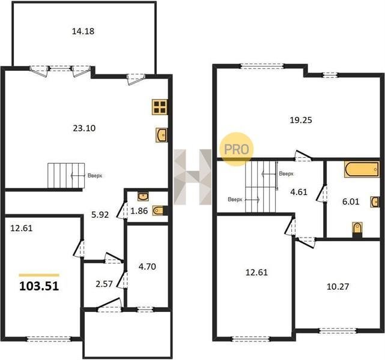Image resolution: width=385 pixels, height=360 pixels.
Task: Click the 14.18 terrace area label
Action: pyautogui.click(x=83, y=31)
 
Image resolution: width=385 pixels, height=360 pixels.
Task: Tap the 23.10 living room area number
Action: pyautogui.click(x=84, y=128)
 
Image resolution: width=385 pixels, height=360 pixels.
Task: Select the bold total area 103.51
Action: pyautogui.click(x=39, y=286)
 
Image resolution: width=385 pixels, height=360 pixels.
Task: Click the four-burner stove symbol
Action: pyautogui.click(x=160, y=107)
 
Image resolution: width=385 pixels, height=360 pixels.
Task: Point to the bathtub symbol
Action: pyautogui.click(x=362, y=169)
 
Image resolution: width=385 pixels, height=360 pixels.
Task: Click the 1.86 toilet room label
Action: pyautogui.click(x=139, y=211)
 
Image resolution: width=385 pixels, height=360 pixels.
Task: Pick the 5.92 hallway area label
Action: pyautogui.click(x=100, y=215)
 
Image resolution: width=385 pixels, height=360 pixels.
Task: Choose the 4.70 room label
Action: pyautogui.click(x=147, y=266)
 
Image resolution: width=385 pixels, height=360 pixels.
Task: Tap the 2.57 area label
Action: pyautogui.click(x=104, y=284)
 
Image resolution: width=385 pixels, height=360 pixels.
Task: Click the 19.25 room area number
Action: pyautogui.click(x=301, y=120)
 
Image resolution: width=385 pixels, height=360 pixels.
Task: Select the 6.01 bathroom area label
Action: pyautogui.click(x=351, y=202)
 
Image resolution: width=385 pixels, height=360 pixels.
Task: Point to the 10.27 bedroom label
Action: pyautogui.click(x=338, y=286)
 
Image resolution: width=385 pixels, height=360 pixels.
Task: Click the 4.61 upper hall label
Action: pyautogui.click(x=299, y=192)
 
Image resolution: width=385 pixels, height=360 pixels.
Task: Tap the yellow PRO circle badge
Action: pyautogui.click(x=237, y=149)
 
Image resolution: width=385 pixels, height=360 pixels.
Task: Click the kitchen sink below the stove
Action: pyautogui.click(x=162, y=135)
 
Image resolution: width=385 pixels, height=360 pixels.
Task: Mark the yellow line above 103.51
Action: pyautogui.click(x=39, y=275)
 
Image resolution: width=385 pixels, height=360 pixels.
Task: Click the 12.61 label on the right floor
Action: pyautogui.click(x=256, y=272)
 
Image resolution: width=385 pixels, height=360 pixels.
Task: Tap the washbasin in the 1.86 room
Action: pyautogui.click(x=143, y=197)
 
